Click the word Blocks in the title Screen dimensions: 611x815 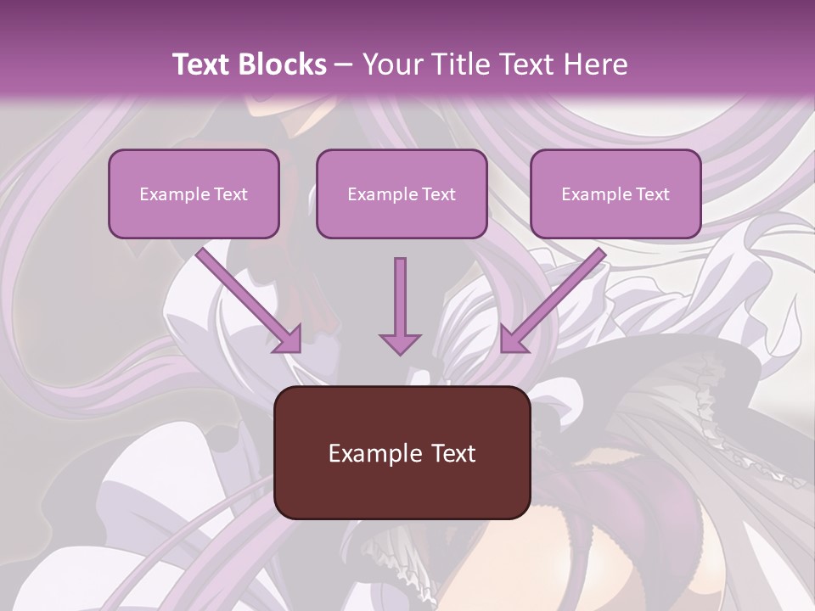pyautogui.click(x=284, y=64)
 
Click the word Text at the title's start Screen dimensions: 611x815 pyautogui.click(x=205, y=64)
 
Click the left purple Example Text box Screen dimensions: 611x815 pyautogui.click(x=194, y=193)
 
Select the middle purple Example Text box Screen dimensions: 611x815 pyautogui.click(x=402, y=193)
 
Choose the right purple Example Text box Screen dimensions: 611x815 pyautogui.click(x=615, y=193)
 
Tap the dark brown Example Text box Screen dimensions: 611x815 pyautogui.click(x=402, y=452)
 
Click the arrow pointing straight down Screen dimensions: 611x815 pyautogui.click(x=400, y=297)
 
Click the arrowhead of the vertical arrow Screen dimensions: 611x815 pyautogui.click(x=400, y=343)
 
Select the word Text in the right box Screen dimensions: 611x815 pyautogui.click(x=652, y=194)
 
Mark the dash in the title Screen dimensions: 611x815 pyautogui.click(x=344, y=64)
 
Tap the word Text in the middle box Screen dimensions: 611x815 pyautogui.click(x=438, y=194)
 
